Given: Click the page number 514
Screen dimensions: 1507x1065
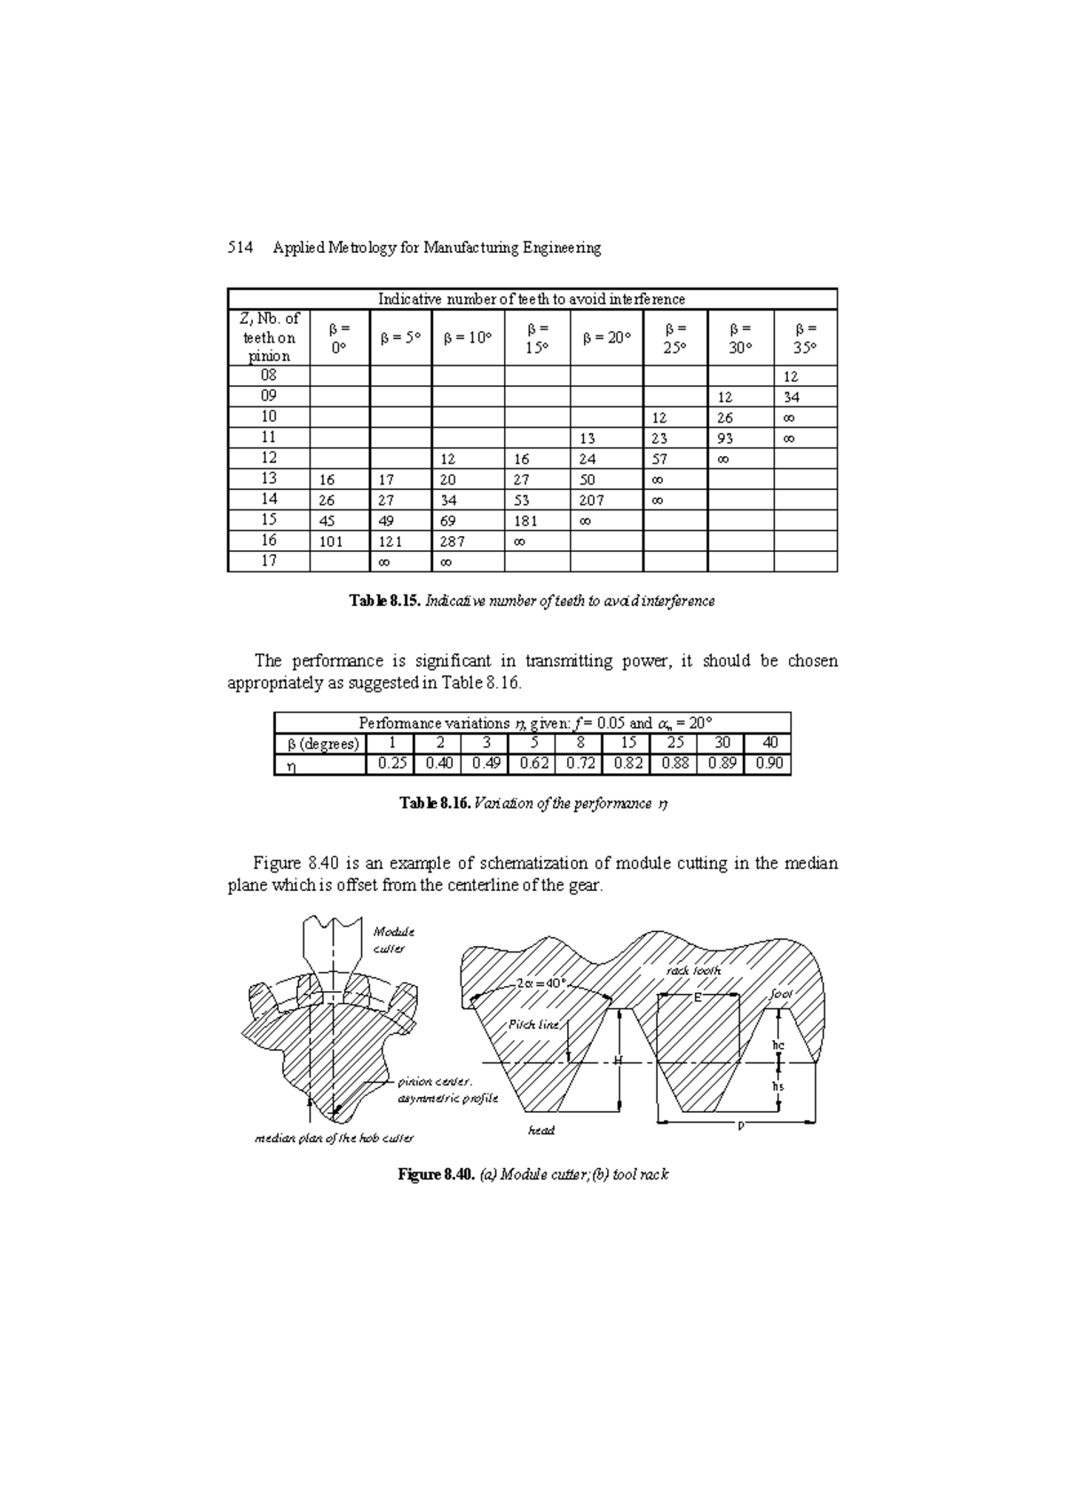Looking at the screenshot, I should (236, 249).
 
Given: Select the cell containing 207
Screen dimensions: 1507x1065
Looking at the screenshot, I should (593, 501).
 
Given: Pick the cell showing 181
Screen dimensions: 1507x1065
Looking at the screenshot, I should (526, 521).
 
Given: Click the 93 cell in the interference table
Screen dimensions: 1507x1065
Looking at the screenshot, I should (726, 438).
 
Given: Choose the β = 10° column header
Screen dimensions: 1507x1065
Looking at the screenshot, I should (468, 338).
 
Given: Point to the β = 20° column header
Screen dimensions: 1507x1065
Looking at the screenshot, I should (606, 338).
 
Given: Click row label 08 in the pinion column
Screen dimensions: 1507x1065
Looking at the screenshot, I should (268, 375).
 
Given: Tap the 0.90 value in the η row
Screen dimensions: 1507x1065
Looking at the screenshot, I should (769, 764).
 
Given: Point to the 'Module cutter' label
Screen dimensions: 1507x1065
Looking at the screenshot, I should (393, 940).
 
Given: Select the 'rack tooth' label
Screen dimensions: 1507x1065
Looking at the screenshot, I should (693, 971).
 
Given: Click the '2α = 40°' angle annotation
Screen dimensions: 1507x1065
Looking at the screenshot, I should (540, 983).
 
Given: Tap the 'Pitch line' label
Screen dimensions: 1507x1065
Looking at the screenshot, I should (533, 1024).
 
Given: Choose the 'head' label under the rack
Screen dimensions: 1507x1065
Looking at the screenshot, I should (540, 1131).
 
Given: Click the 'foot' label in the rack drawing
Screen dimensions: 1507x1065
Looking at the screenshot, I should (781, 994).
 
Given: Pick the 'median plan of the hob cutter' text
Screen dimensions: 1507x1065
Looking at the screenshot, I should (334, 1138).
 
